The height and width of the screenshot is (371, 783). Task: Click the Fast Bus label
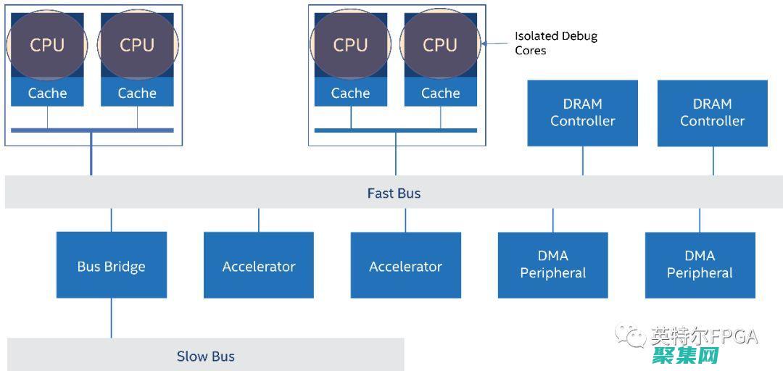pos(394,193)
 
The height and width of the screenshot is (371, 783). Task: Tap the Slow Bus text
pos(206,356)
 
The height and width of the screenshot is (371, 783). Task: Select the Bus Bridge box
pos(112,265)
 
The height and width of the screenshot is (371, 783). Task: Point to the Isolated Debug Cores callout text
pos(555,43)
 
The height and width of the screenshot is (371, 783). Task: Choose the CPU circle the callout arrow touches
pos(440,44)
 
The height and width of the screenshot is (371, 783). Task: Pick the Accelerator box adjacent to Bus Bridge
pos(259,265)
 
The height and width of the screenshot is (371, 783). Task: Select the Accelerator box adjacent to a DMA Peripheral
pos(405,265)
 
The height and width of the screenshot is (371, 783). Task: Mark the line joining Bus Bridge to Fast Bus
pos(112,220)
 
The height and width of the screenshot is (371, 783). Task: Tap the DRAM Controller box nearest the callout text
pos(582,113)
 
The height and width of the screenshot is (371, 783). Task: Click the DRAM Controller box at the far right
pos(712,113)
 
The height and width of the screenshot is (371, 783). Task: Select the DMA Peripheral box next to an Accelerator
pos(552,265)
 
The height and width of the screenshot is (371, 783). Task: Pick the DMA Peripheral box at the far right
pos(700,265)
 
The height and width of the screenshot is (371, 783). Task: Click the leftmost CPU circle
pos(47,44)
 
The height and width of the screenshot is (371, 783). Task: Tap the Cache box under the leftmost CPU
pos(47,93)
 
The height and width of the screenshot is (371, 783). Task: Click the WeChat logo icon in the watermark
pos(630,335)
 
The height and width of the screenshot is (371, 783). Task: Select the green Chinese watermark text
pos(685,355)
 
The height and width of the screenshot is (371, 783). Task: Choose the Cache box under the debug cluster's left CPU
pos(351,93)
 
